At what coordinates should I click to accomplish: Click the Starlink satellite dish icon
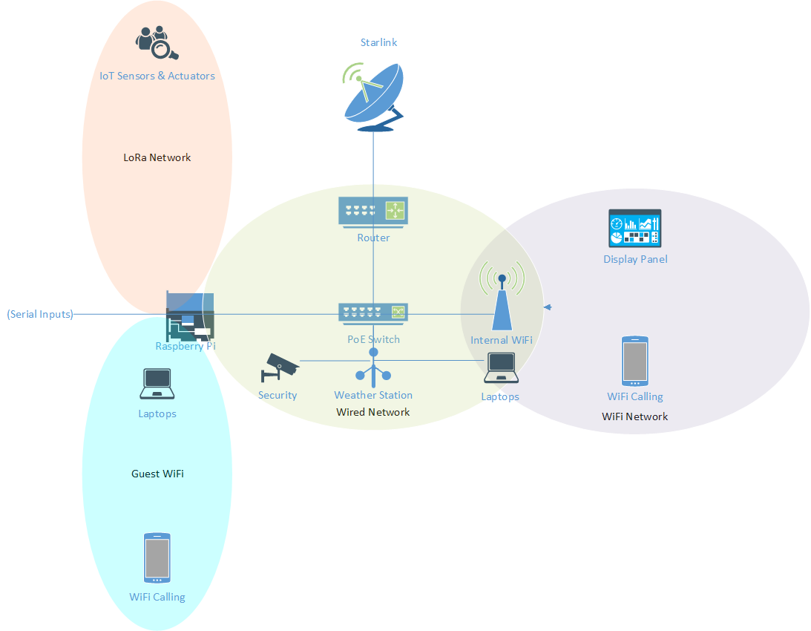[373, 97]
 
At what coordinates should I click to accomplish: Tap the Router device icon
[373, 210]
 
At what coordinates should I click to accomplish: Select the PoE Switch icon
[373, 313]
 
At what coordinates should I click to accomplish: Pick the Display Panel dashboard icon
[634, 228]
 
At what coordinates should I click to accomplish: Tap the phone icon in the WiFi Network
[634, 362]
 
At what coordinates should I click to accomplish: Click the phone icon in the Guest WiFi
[157, 558]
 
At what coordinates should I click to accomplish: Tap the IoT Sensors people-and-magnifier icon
[157, 43]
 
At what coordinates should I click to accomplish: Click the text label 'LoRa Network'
[157, 157]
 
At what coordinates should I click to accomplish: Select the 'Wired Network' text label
[372, 412]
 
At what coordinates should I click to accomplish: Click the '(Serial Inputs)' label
[40, 314]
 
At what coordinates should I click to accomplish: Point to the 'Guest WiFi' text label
[157, 474]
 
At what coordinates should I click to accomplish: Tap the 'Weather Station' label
[373, 395]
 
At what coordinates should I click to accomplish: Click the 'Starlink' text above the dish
[378, 42]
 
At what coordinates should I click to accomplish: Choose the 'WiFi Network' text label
[634, 416]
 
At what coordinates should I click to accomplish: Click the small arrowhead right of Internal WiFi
[548, 307]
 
